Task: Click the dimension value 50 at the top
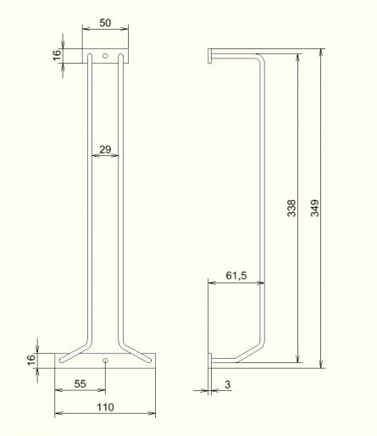(x=105, y=23)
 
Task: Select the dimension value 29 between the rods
(x=105, y=149)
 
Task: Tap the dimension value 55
(x=80, y=383)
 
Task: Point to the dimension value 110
(x=105, y=407)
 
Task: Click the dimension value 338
(x=291, y=208)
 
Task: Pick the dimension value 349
(x=314, y=208)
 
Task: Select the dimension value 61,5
(x=236, y=275)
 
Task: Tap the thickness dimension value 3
(x=228, y=384)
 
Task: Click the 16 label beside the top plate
(x=57, y=55)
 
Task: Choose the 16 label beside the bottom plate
(x=31, y=360)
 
